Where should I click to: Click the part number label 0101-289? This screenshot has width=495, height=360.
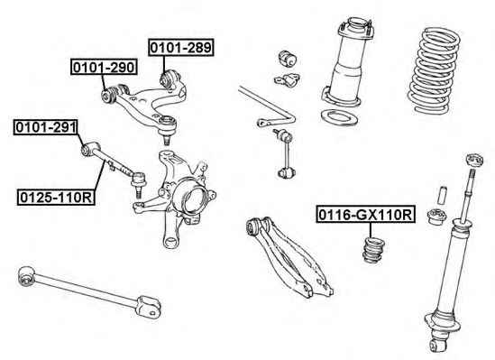[181, 48]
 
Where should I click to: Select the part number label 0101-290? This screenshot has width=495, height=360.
[104, 67]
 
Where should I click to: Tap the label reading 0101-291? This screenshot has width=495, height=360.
[46, 127]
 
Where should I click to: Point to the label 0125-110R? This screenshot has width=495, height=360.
[56, 198]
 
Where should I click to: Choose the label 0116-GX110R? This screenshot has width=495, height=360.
[365, 215]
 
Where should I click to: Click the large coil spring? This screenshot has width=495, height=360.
[434, 70]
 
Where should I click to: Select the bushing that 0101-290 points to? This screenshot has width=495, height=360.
[108, 95]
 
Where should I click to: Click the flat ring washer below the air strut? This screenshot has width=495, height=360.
[339, 117]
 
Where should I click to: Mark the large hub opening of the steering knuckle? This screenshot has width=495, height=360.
[193, 198]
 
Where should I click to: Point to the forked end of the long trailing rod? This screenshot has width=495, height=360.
[149, 305]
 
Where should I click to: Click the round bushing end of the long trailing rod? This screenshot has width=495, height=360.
[27, 276]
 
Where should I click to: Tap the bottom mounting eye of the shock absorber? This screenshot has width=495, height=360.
[438, 345]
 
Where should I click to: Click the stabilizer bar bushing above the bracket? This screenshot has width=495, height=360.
[288, 59]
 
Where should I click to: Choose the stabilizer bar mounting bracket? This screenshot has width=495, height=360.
[287, 79]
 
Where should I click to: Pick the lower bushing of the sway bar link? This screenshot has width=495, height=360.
[287, 173]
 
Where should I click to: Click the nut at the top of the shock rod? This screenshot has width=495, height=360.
[474, 160]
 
